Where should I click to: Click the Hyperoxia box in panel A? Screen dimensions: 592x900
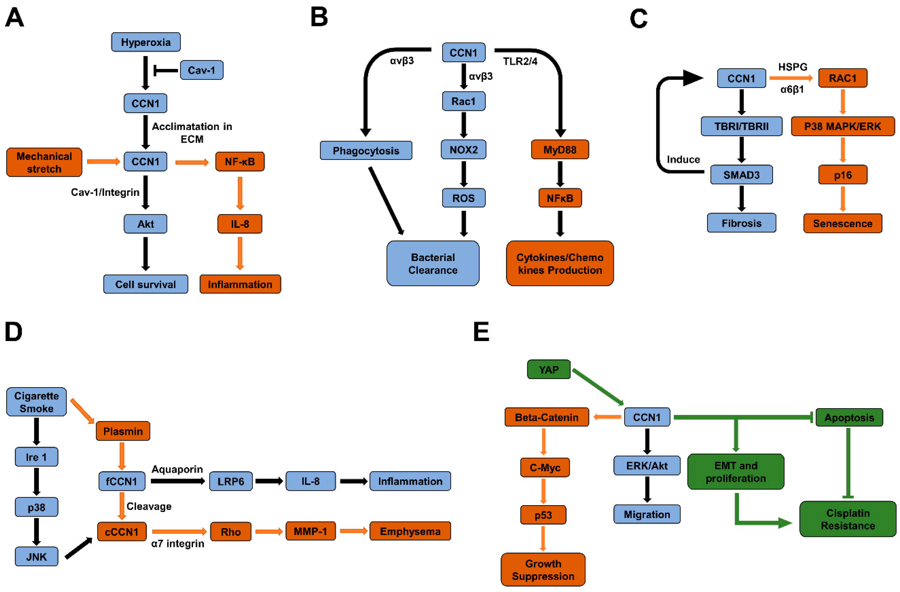pyautogui.click(x=146, y=42)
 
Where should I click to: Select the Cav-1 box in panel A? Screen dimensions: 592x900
pyautogui.click(x=202, y=70)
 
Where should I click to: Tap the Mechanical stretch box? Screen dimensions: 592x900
pyautogui.click(x=44, y=162)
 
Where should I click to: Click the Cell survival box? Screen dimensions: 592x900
pyautogui.click(x=146, y=284)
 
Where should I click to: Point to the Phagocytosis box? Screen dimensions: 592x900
pyautogui.click(x=366, y=151)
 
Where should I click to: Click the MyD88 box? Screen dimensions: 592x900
pyautogui.click(x=560, y=150)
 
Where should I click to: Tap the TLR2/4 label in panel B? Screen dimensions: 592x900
pyautogui.click(x=520, y=62)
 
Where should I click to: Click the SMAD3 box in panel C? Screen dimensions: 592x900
pyautogui.click(x=741, y=175)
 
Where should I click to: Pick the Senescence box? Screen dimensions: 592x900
pyautogui.click(x=842, y=223)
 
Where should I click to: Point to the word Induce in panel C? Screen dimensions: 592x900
pyautogui.click(x=683, y=160)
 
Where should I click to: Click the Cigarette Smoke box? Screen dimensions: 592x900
pyautogui.click(x=36, y=402)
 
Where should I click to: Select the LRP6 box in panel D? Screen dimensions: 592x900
pyautogui.click(x=231, y=481)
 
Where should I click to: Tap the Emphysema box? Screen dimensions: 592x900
pyautogui.click(x=410, y=531)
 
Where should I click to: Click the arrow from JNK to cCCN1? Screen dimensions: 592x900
pyautogui.click(x=79, y=548)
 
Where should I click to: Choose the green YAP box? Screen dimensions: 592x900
pyautogui.click(x=548, y=369)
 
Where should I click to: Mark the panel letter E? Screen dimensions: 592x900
pyautogui.click(x=481, y=332)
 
